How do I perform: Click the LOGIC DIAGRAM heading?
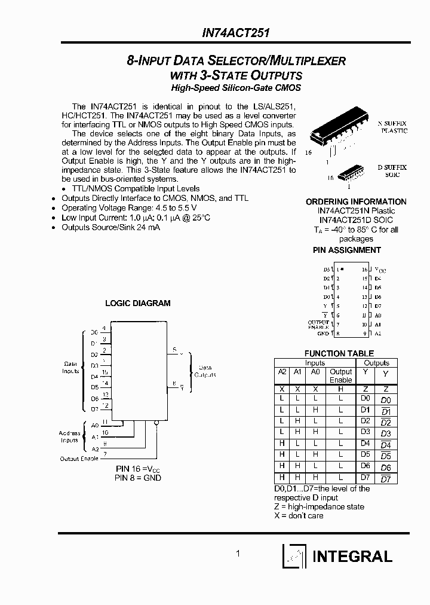point(138,303)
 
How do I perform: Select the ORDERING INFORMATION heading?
point(355,201)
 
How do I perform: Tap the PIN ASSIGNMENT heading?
point(346,250)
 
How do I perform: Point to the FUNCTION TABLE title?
point(339,353)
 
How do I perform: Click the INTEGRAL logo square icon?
point(294,555)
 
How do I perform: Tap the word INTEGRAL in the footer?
point(353,556)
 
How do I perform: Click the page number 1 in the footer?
point(238,554)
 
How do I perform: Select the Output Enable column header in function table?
point(340,375)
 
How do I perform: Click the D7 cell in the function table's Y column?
point(365,478)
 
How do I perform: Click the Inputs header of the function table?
point(315,363)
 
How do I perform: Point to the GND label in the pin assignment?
point(323,333)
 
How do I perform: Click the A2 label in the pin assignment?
point(377,333)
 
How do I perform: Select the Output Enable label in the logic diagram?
point(79,459)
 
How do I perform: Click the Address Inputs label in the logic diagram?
point(69,436)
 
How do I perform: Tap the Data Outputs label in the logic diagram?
point(205,371)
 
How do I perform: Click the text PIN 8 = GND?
point(138,478)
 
